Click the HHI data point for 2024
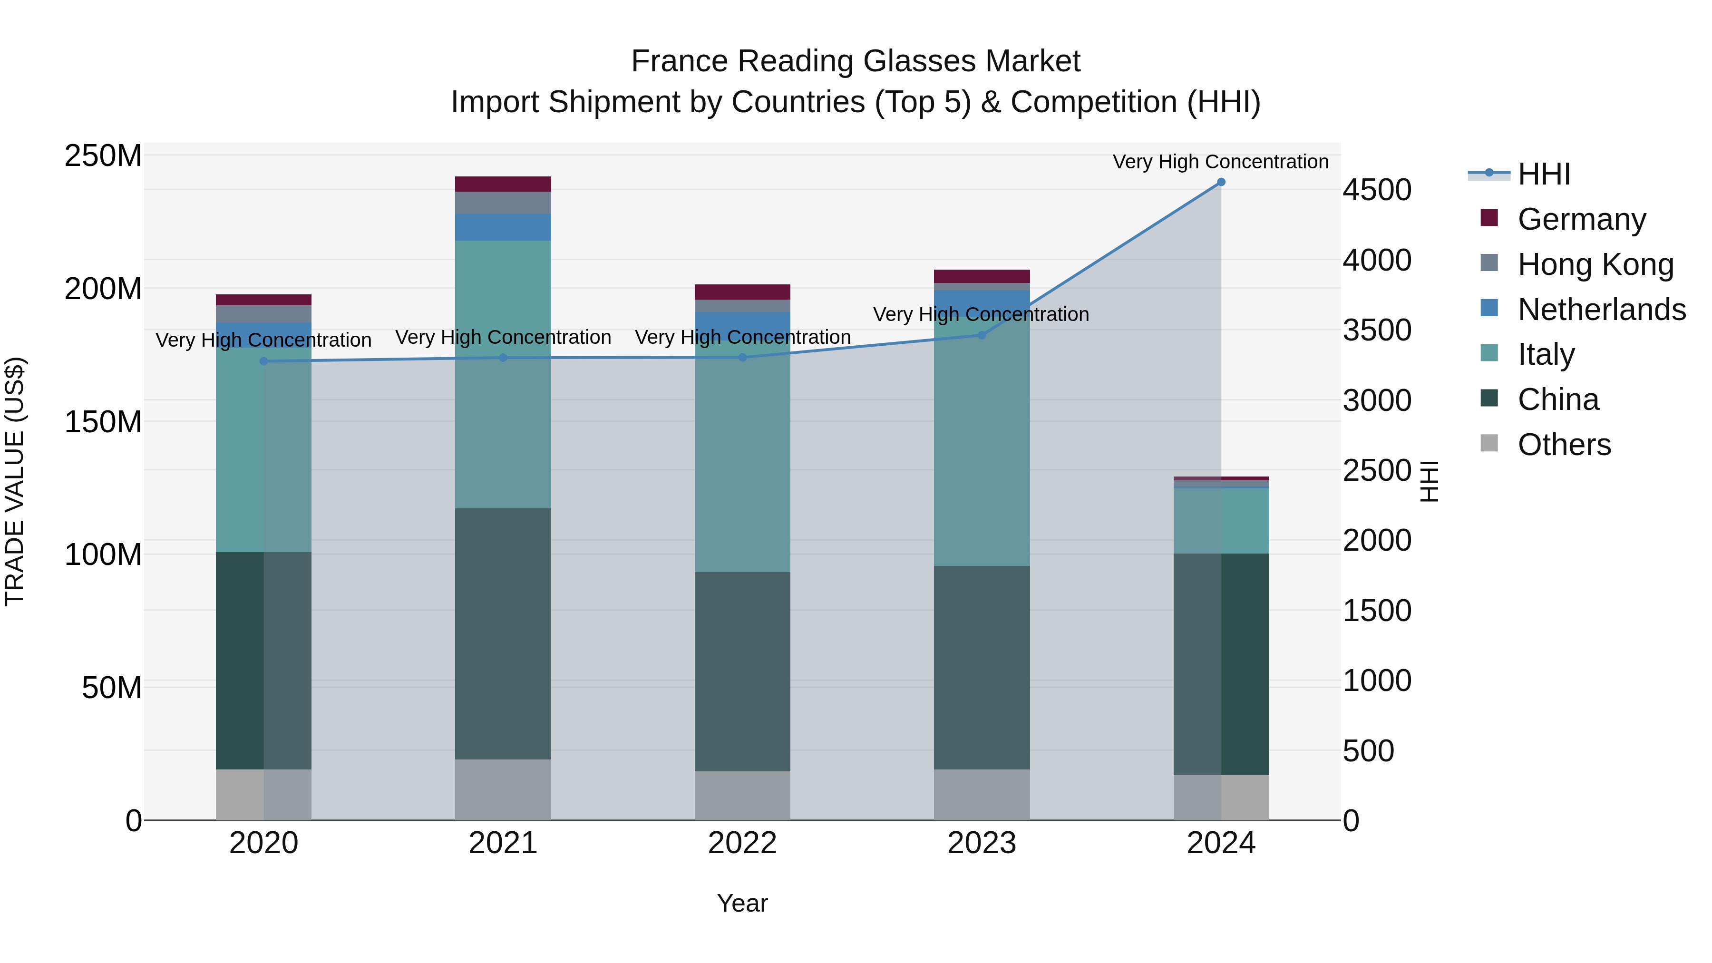pyautogui.click(x=1221, y=182)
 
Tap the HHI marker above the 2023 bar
pyautogui.click(x=982, y=335)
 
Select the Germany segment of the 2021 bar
pyautogui.click(x=503, y=184)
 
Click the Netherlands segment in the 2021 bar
pyautogui.click(x=503, y=227)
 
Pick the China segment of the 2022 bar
pyautogui.click(x=742, y=671)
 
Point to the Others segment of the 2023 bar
pyautogui.click(x=982, y=795)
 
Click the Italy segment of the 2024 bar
pyautogui.click(x=1221, y=520)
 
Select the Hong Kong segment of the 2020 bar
pyautogui.click(x=264, y=314)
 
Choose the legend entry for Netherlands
pyautogui.click(x=1602, y=310)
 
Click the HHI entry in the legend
pyautogui.click(x=1543, y=174)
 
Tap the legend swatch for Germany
pyautogui.click(x=1489, y=218)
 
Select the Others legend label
pyautogui.click(x=1565, y=445)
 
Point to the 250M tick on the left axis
pyautogui.click(x=103, y=156)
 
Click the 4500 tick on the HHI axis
pyautogui.click(x=1377, y=190)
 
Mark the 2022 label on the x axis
pyautogui.click(x=742, y=843)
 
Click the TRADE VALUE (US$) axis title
pyautogui.click(x=15, y=481)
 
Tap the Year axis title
pyautogui.click(x=742, y=903)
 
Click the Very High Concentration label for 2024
pyautogui.click(x=1220, y=162)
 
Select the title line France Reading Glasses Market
pyautogui.click(x=856, y=61)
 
